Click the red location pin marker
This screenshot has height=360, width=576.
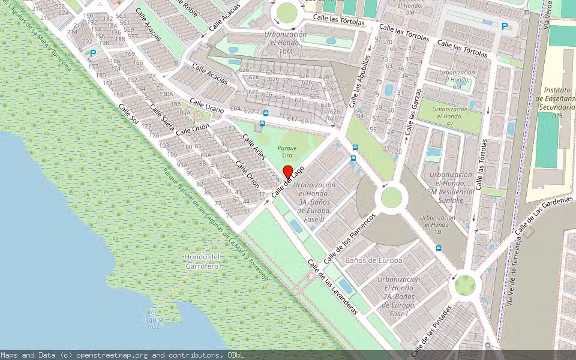point(287,172)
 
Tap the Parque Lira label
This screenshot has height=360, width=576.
point(287,152)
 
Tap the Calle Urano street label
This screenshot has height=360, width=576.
point(206,106)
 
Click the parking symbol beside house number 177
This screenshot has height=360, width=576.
point(93,53)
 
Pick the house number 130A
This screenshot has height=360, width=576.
point(166,94)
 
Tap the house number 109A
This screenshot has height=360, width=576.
point(184,112)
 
